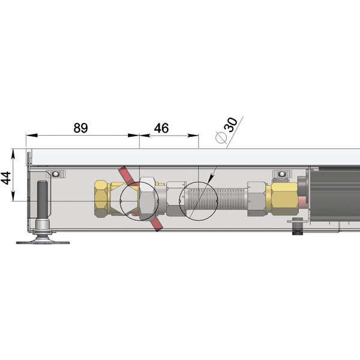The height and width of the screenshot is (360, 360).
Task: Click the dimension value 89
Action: (x=80, y=128)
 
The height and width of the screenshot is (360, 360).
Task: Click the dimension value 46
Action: (x=161, y=128)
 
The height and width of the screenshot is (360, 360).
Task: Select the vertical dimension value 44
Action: (x=6, y=178)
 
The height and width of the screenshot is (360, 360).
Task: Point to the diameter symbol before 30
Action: (x=221, y=137)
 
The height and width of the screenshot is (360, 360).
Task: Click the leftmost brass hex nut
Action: (x=101, y=199)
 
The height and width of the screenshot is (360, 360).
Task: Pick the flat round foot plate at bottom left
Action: (x=43, y=242)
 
